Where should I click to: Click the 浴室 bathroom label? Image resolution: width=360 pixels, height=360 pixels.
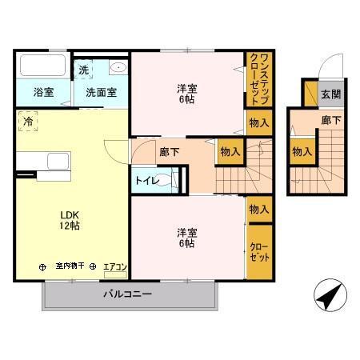[x=44, y=92]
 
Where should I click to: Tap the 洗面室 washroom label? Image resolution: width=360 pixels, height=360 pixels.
[x=101, y=92]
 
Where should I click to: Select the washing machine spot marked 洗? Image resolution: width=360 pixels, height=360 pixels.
[x=84, y=70]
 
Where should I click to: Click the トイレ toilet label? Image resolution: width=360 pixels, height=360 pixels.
[x=146, y=181]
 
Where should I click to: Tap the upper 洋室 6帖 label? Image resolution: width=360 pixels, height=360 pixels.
[x=186, y=94]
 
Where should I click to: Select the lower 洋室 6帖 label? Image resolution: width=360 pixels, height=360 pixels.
[x=186, y=238]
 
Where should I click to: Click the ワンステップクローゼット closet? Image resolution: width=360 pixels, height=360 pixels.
[x=258, y=78]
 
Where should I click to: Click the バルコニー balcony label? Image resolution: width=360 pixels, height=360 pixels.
[x=127, y=294]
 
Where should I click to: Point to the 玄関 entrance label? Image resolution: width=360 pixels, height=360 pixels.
[x=330, y=94]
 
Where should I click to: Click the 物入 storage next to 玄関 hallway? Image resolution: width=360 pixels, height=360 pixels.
[x=302, y=151]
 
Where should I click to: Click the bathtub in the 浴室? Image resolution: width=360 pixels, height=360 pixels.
[x=42, y=66]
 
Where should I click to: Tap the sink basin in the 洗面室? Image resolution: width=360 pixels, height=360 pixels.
[x=117, y=68]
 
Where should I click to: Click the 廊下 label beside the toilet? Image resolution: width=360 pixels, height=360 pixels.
[x=170, y=151]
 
